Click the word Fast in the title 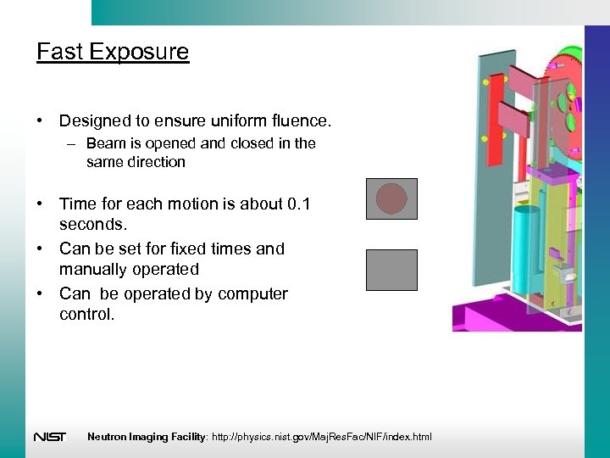click(59, 53)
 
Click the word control click(86, 315)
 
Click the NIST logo click(49, 437)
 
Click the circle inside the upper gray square click(391, 198)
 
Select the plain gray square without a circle click(391, 270)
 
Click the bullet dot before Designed click(41, 121)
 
